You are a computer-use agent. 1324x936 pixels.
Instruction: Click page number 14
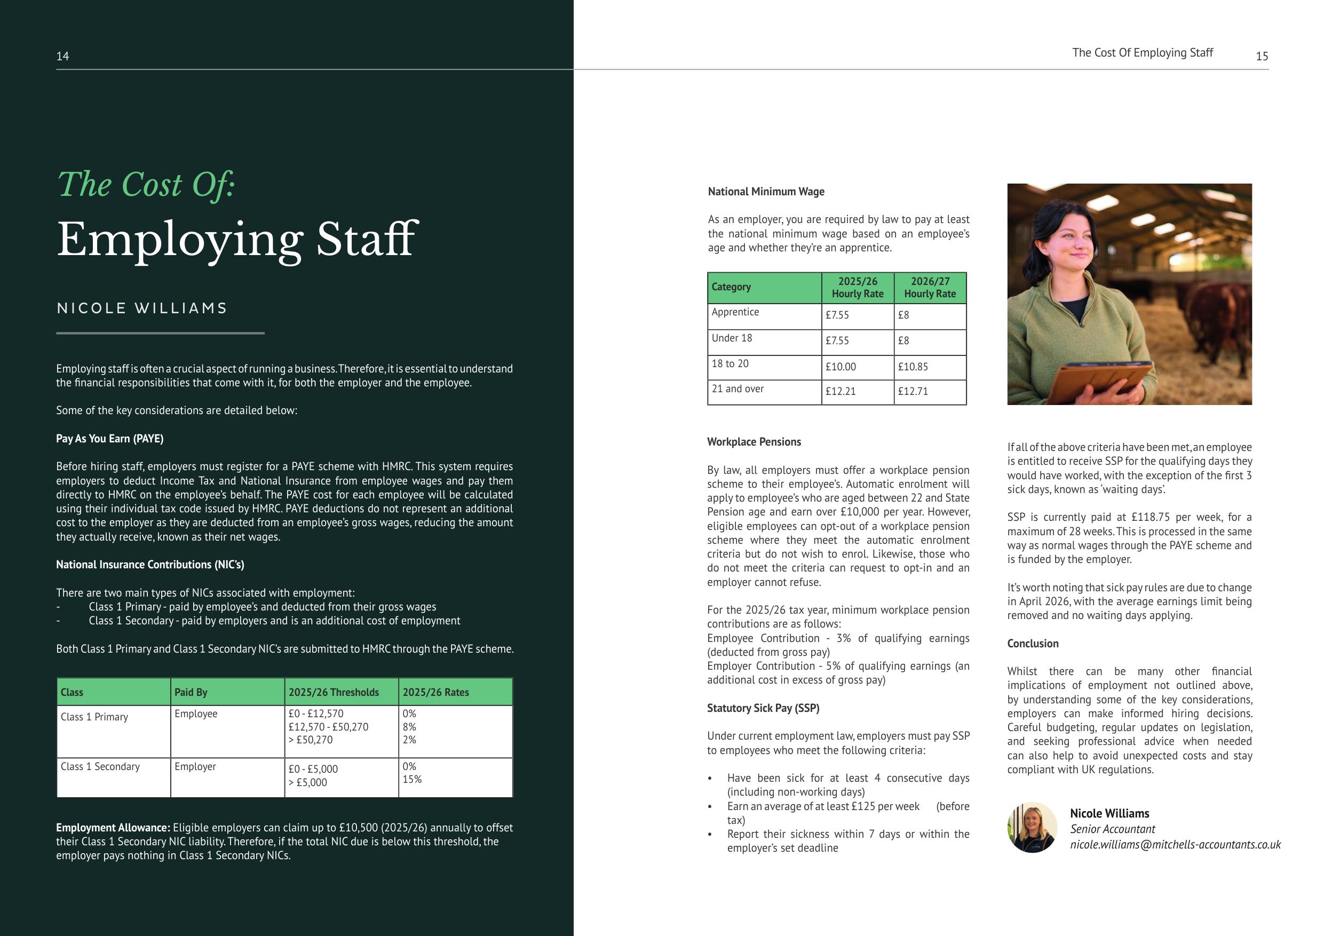click(x=62, y=56)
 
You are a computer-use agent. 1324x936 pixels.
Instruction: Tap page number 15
click(x=1262, y=56)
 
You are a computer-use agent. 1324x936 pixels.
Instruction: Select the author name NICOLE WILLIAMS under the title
click(x=142, y=308)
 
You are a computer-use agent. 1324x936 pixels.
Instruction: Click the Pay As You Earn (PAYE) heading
click(x=109, y=438)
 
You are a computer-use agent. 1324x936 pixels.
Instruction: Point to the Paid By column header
click(x=191, y=692)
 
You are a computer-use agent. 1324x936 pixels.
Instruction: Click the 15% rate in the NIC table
click(x=412, y=779)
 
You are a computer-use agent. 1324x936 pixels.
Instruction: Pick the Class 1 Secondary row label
click(x=100, y=766)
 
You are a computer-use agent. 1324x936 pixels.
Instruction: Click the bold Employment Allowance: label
click(x=113, y=828)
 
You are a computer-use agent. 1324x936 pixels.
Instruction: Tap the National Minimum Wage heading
click(x=766, y=192)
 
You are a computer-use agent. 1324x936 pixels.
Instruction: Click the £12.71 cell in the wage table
click(x=913, y=391)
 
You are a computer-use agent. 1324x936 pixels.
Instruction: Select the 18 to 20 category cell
click(x=730, y=363)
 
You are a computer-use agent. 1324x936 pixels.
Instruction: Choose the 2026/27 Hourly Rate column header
click(x=930, y=287)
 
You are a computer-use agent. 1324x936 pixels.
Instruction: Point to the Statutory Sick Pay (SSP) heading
click(x=763, y=708)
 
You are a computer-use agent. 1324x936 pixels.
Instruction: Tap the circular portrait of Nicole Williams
click(x=1032, y=828)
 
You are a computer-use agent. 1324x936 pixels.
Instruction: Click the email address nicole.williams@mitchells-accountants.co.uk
click(x=1175, y=844)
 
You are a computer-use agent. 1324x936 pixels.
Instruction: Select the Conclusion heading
click(x=1033, y=643)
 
